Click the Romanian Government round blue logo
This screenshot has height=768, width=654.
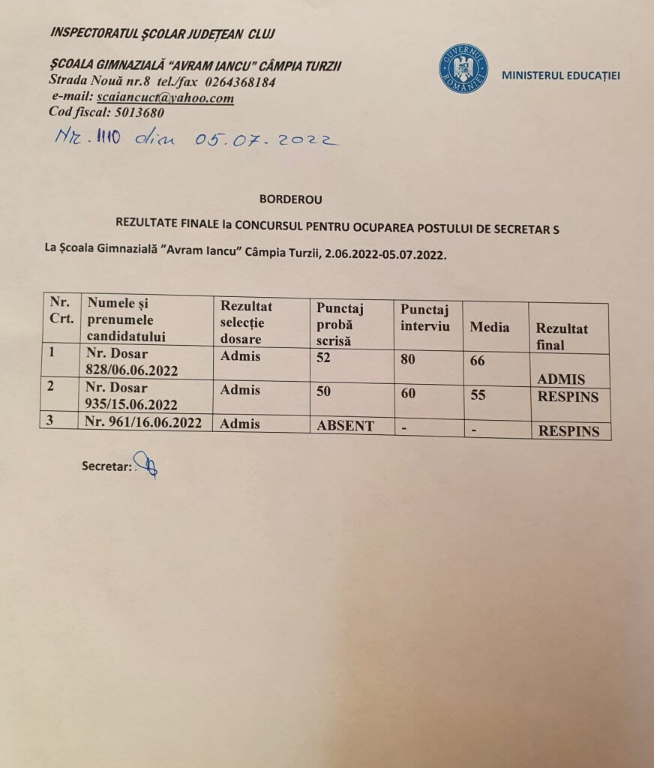[x=463, y=69]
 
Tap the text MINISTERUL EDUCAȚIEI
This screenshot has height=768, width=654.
[x=561, y=75]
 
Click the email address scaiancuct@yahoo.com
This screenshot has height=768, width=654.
[x=164, y=98]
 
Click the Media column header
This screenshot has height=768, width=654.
[x=489, y=327]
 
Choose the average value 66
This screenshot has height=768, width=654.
[x=478, y=361]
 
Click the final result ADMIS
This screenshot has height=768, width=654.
[x=561, y=379]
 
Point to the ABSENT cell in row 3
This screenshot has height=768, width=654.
[x=345, y=425]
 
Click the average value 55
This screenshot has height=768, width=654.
[x=478, y=394]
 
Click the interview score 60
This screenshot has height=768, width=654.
[x=408, y=392]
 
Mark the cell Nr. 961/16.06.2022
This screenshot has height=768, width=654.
[x=144, y=422]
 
